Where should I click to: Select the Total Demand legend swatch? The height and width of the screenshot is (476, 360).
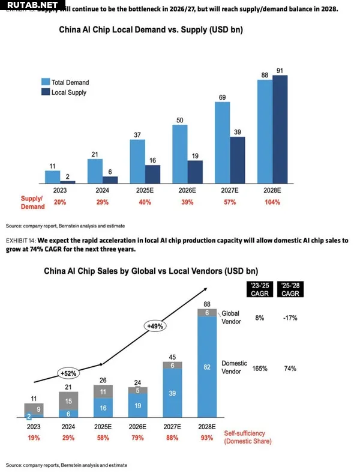coord(45,82)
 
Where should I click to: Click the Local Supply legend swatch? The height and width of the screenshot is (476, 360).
coord(45,92)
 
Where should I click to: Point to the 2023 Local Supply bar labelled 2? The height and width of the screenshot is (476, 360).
coord(68,181)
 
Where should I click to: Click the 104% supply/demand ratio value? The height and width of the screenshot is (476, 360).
coord(272,202)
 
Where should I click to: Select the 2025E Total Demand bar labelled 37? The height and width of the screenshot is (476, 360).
coord(138,161)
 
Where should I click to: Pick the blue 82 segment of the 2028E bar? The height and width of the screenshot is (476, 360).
coord(207,367)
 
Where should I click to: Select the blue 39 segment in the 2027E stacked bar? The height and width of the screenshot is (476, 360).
coord(173,393)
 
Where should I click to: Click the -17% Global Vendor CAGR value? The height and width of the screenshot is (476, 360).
coord(290,318)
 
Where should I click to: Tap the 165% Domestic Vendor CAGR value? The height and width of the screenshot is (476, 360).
coord(259,367)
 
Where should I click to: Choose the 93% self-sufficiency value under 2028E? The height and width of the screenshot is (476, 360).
coord(207,438)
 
